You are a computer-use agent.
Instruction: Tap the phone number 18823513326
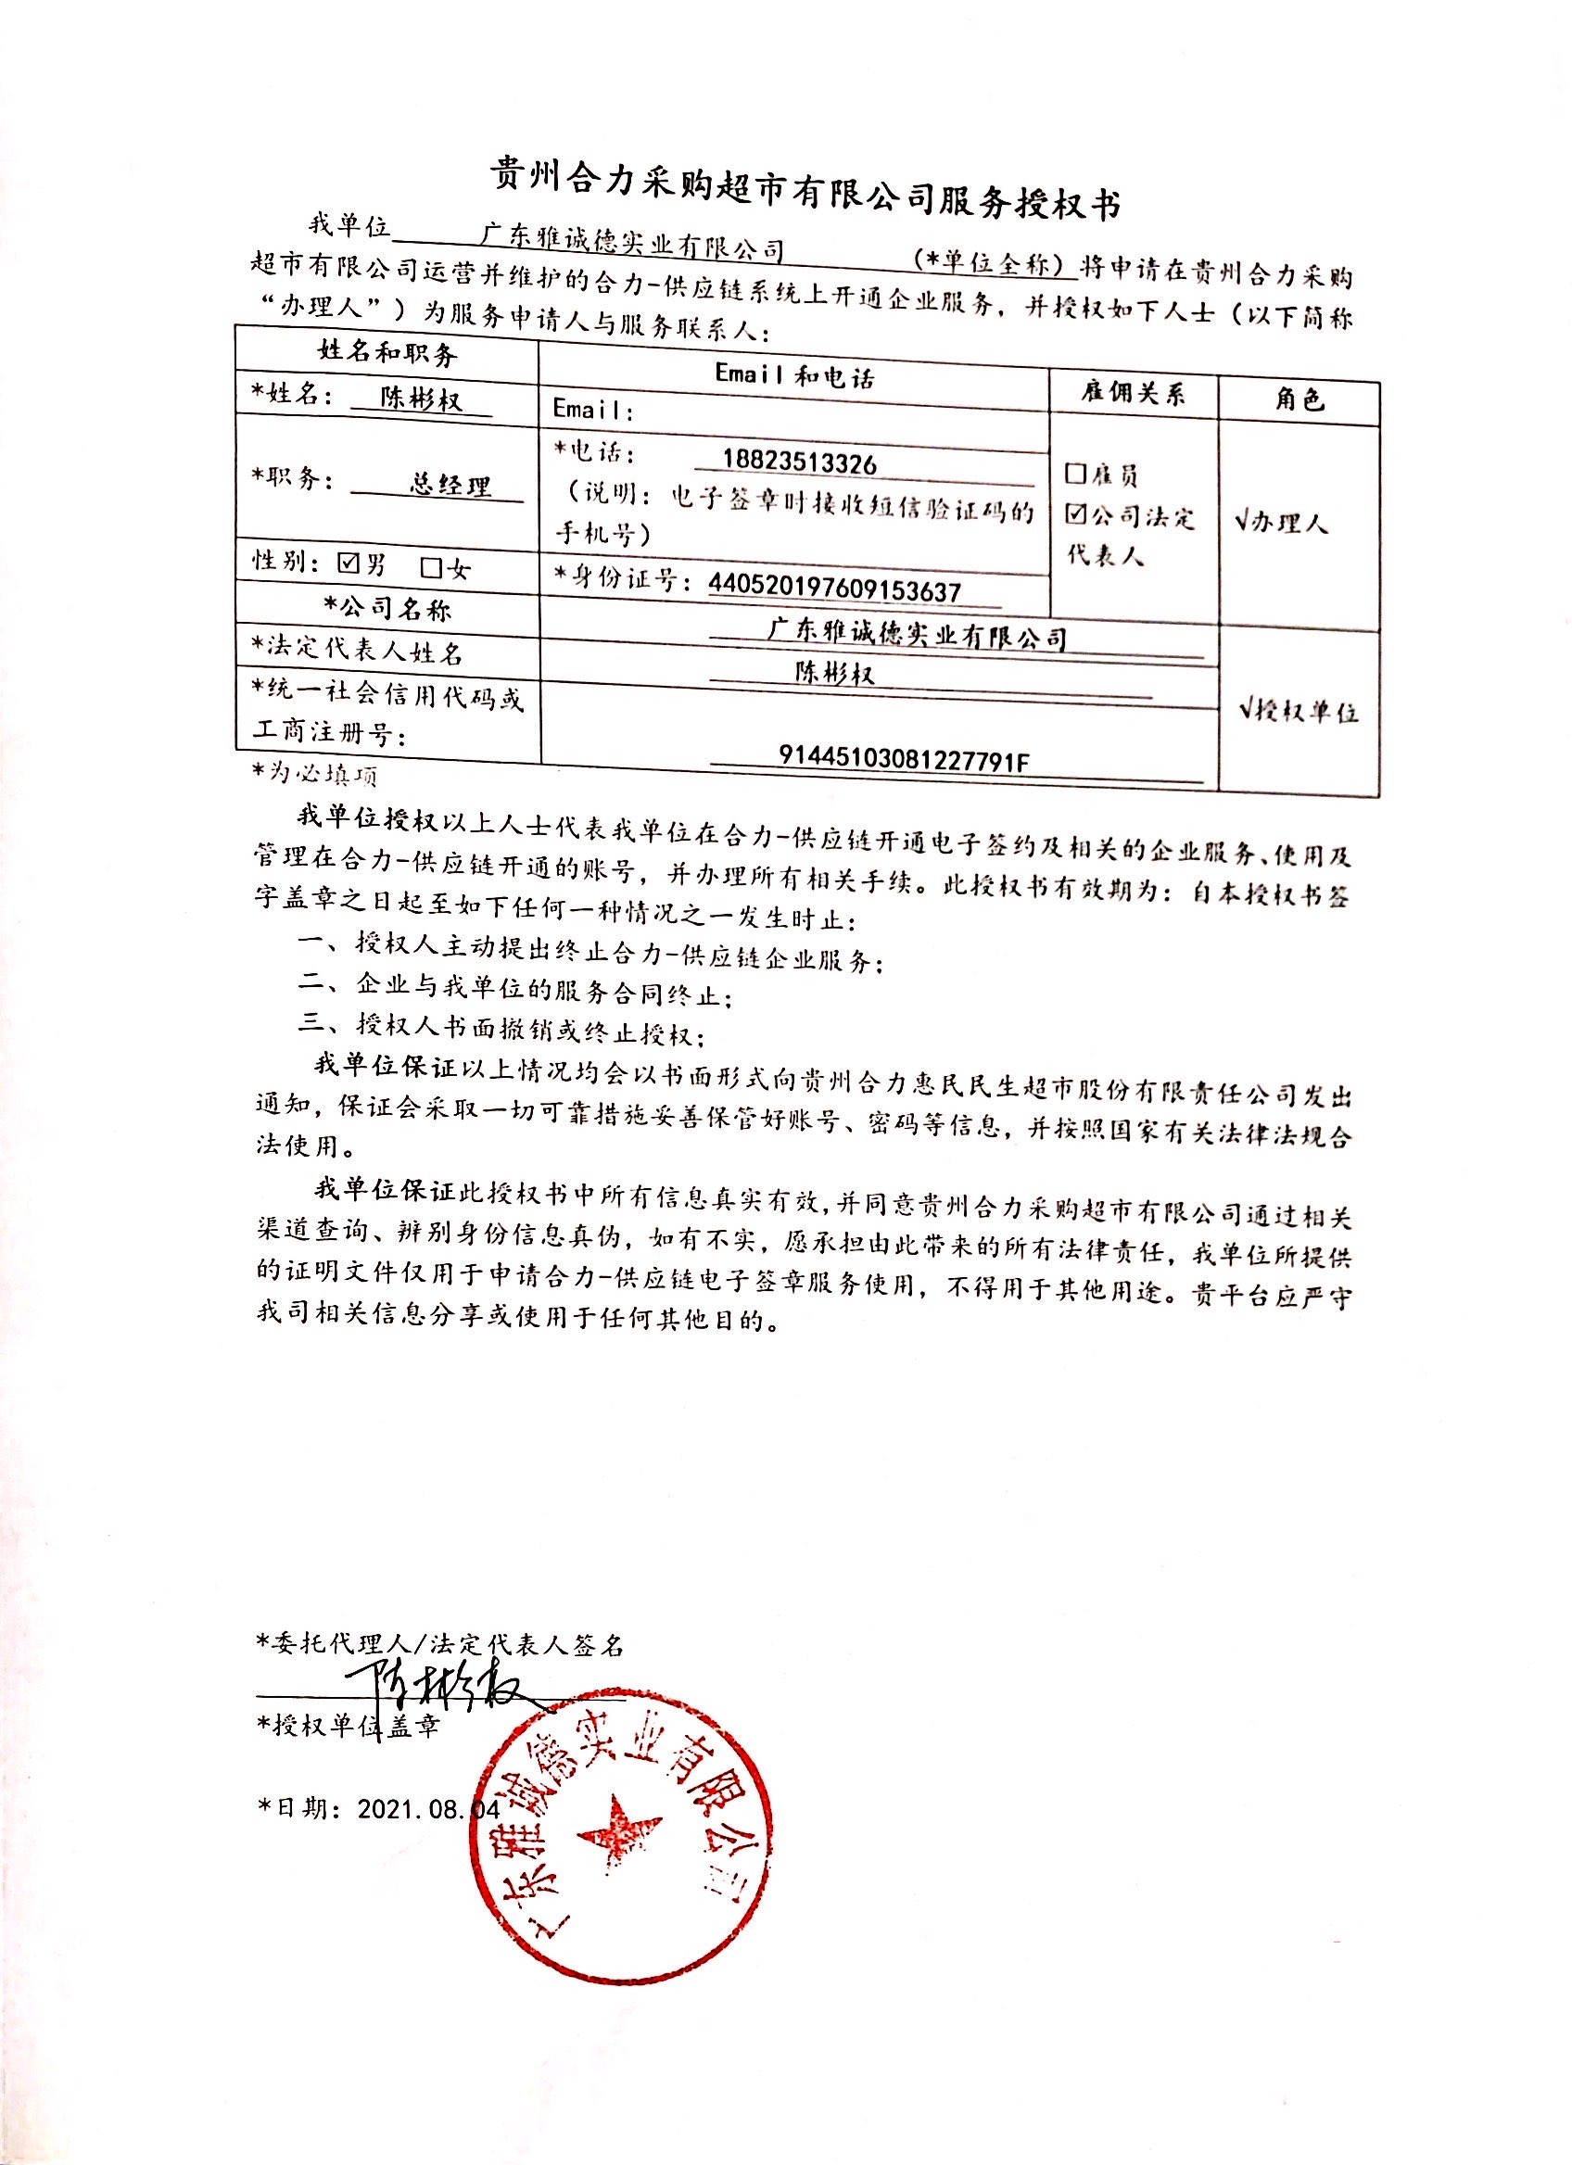[x=799, y=464]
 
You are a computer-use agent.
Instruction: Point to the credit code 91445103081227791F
[x=905, y=758]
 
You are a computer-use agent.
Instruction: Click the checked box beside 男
[x=349, y=563]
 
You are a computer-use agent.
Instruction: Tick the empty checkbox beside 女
[x=431, y=567]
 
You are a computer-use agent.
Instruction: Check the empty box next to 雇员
[x=1076, y=473]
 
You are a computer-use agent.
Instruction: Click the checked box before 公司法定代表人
[x=1077, y=514]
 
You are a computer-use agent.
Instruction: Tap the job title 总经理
[x=450, y=485]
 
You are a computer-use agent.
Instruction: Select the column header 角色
[x=1299, y=399]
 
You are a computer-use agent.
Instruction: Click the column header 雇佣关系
[x=1133, y=392]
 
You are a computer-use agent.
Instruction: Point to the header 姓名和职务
[x=387, y=354]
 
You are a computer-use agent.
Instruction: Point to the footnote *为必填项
[x=315, y=773]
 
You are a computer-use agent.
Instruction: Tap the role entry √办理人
[x=1281, y=522]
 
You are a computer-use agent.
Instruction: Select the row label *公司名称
[x=387, y=608]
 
